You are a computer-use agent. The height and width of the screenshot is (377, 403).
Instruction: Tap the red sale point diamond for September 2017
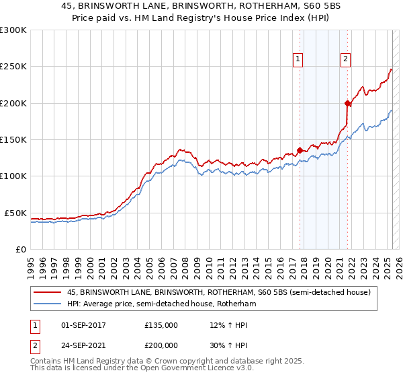click(x=300, y=150)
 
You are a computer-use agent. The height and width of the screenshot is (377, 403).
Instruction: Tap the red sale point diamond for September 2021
click(x=348, y=103)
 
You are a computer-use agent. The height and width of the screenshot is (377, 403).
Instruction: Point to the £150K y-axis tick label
click(x=13, y=140)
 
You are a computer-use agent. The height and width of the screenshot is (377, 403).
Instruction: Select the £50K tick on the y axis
click(x=15, y=213)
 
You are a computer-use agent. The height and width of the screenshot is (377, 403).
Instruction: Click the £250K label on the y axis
click(x=13, y=67)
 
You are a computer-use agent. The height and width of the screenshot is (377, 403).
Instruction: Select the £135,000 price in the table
click(x=161, y=324)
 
